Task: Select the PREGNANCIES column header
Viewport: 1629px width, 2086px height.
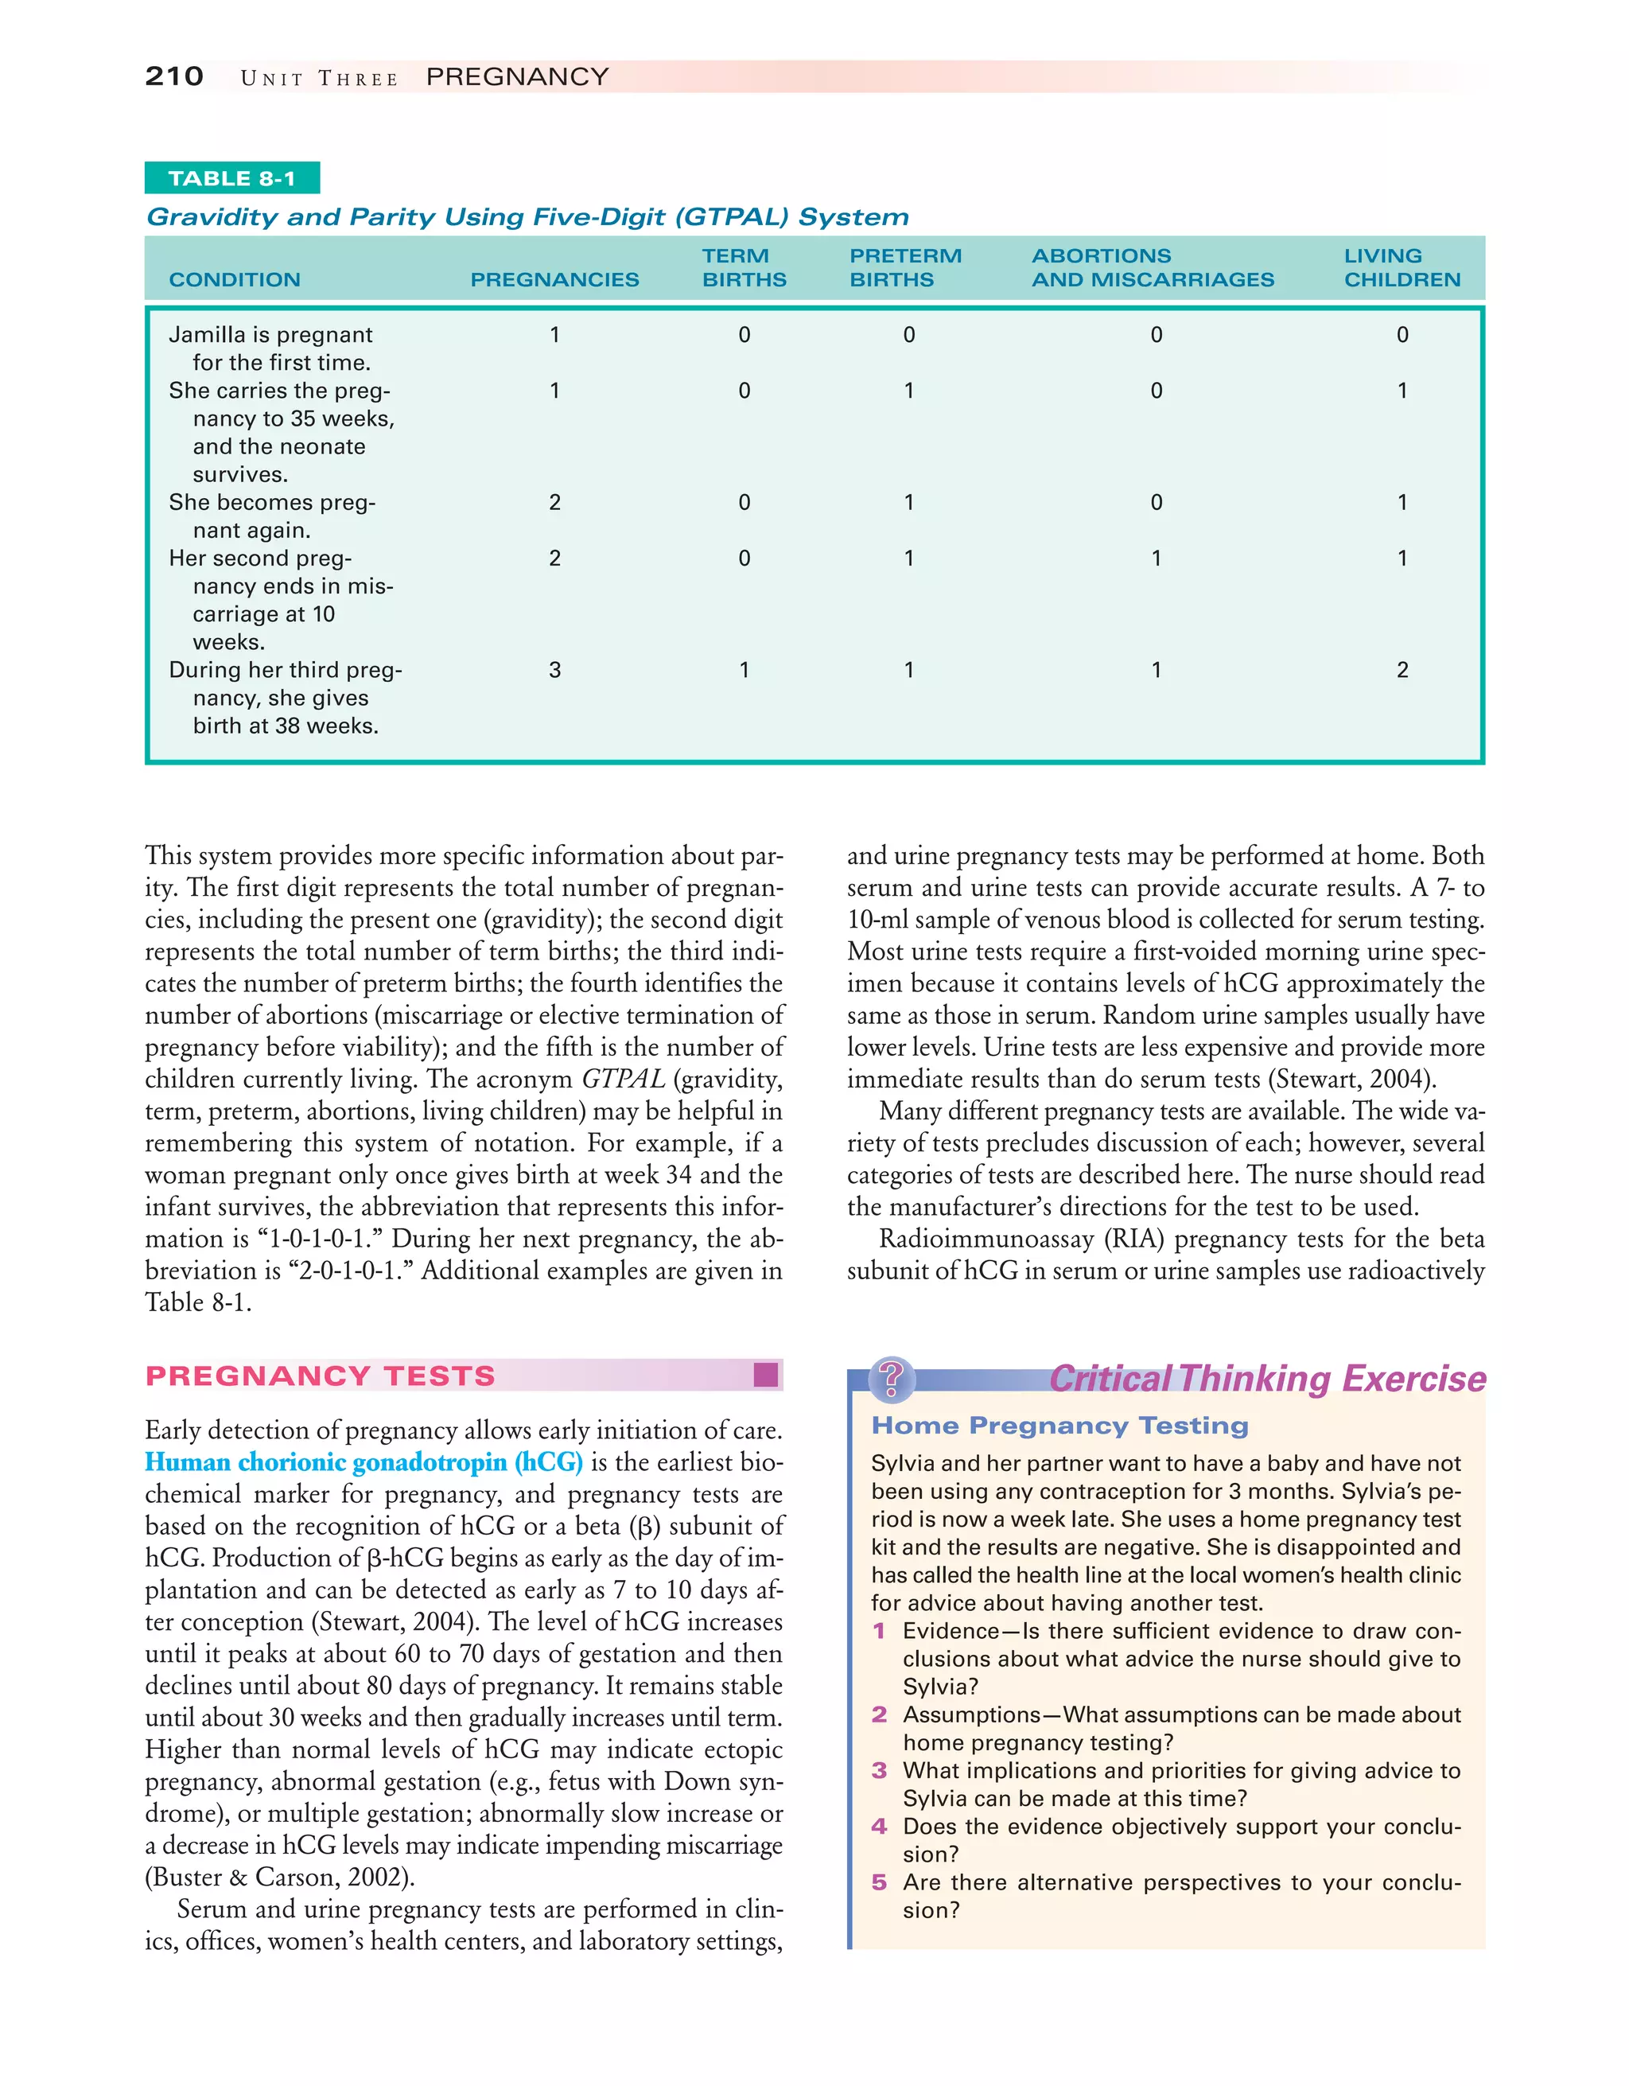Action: [554, 280]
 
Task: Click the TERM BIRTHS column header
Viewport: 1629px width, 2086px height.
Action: [744, 267]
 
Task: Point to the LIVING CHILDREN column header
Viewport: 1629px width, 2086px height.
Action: [1401, 267]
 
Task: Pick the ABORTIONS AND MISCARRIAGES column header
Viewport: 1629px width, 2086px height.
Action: [1152, 267]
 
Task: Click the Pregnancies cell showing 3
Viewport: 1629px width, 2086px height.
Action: [554, 671]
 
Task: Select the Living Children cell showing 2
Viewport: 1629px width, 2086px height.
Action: [1402, 671]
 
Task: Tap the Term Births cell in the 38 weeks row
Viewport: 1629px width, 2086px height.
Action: [744, 671]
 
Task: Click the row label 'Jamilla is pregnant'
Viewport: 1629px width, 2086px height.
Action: [270, 335]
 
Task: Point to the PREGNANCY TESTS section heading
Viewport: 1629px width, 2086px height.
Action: [320, 1376]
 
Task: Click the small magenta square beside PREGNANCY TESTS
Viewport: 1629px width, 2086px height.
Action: [765, 1375]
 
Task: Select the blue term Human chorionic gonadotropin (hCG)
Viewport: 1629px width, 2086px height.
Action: [364, 1462]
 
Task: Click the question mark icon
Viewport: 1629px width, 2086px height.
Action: [891, 1378]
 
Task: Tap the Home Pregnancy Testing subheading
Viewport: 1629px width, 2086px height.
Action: [1059, 1426]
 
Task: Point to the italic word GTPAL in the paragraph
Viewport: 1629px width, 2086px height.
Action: [623, 1080]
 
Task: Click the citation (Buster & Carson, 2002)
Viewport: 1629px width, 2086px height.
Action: [280, 1878]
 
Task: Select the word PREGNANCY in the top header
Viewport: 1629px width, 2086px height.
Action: [516, 76]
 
